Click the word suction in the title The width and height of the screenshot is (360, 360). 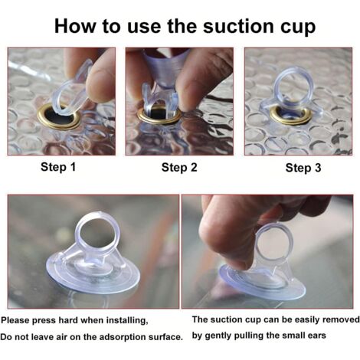click(239, 26)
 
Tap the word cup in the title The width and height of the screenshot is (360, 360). click(298, 28)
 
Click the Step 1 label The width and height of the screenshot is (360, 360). click(58, 167)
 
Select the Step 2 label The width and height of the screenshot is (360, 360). click(179, 168)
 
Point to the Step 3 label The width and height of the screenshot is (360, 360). click(303, 168)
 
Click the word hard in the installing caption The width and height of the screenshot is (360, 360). click(68, 320)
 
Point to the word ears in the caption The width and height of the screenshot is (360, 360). click(316, 335)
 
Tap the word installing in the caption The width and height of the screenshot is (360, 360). click(127, 321)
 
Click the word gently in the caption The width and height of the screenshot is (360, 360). click(218, 336)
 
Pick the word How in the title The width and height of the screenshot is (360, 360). click(76, 26)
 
